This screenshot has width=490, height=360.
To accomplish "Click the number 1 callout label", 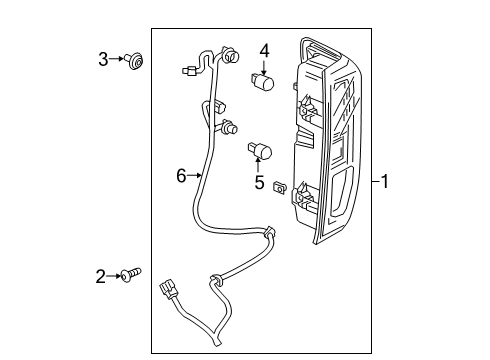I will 384,181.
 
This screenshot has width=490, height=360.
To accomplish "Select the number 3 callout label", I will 103,61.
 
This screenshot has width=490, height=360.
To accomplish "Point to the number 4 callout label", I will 265,49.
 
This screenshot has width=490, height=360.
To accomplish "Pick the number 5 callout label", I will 259,183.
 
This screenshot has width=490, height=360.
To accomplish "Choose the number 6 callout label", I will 181,176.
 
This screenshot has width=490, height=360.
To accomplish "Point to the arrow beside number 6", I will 196,176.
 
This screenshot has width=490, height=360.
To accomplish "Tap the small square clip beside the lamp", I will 281,186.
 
